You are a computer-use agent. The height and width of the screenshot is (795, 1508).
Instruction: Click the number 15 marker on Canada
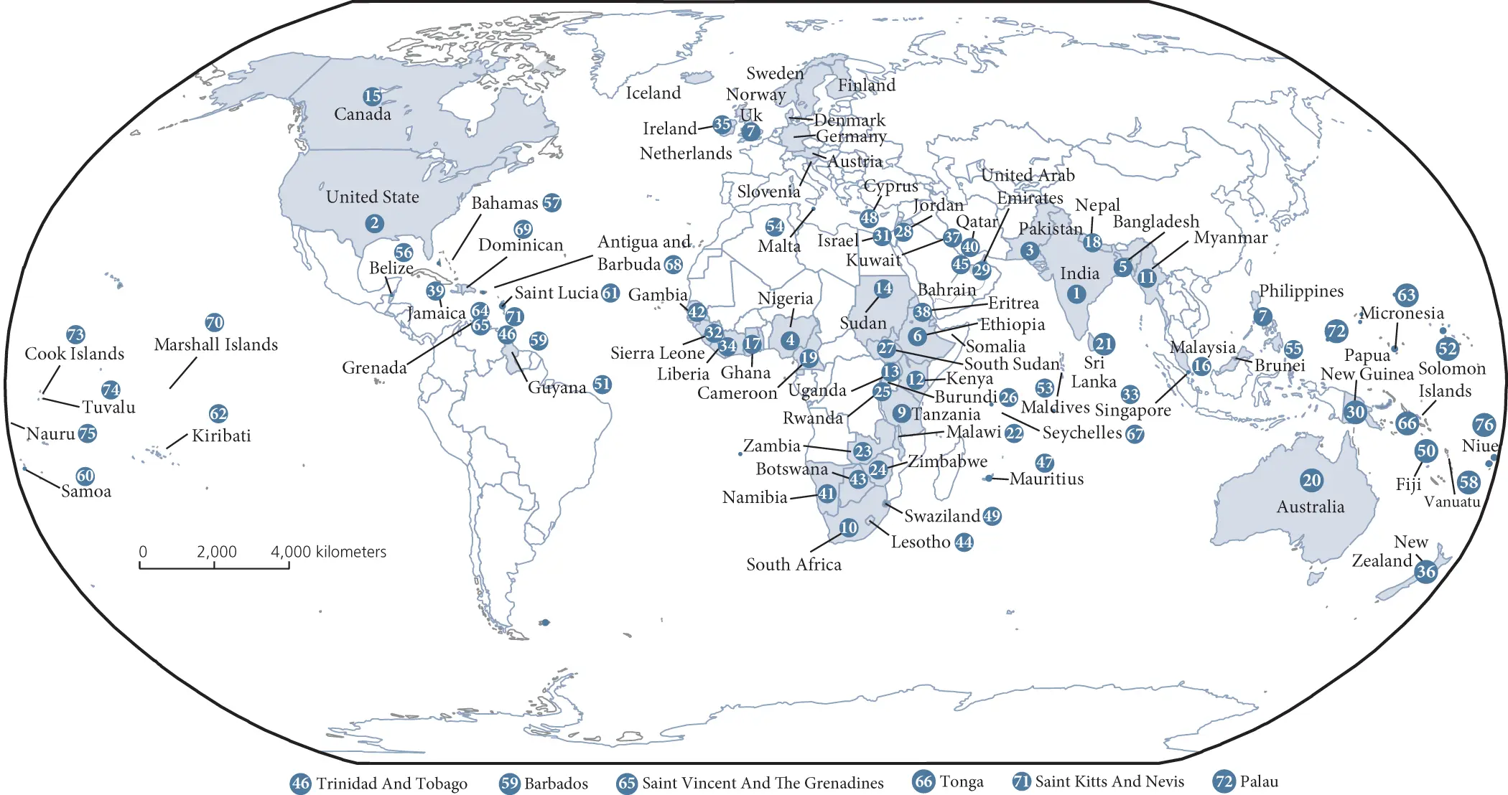point(372,96)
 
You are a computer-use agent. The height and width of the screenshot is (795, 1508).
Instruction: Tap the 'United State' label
point(372,197)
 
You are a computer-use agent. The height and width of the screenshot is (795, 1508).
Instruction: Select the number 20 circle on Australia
point(1311,480)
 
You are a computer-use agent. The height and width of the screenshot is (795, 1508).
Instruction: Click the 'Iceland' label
point(653,93)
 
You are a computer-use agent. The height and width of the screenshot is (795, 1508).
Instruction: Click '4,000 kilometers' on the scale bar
point(328,552)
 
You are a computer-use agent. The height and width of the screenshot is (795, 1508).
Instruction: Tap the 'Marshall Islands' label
point(215,344)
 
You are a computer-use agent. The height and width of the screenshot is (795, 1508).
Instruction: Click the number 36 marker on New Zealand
point(1425,572)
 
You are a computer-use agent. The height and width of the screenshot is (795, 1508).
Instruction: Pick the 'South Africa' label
point(793,565)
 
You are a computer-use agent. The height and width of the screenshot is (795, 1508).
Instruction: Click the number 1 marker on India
point(1076,293)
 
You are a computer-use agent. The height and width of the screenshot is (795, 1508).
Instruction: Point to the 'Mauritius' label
point(1046,479)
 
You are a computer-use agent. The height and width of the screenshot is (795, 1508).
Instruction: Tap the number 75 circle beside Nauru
point(87,433)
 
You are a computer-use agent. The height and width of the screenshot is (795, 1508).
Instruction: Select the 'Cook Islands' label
point(74,354)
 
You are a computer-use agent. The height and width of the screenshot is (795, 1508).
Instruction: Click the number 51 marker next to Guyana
point(602,385)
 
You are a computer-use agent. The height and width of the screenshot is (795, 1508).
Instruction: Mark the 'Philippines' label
point(1300,291)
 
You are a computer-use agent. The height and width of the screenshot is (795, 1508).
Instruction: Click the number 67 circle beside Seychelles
point(1135,434)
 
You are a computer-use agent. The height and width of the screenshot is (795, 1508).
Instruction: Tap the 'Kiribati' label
point(221,436)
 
